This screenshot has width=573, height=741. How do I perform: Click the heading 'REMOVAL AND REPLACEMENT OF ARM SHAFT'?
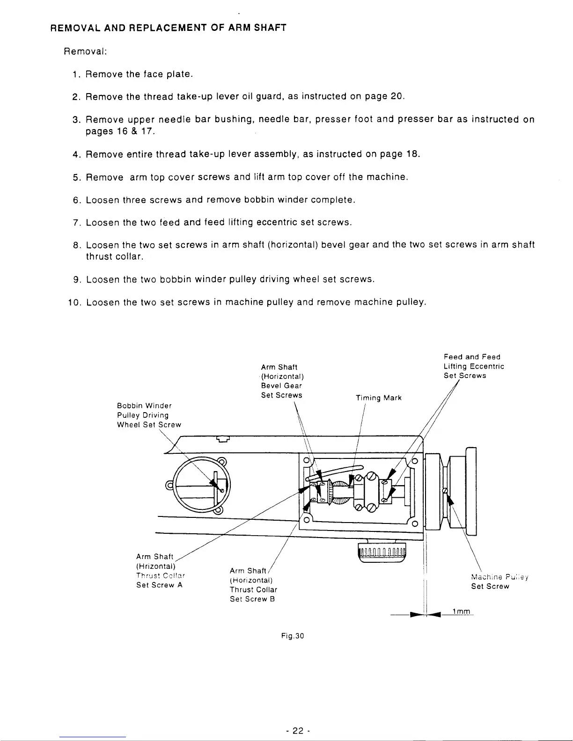(168, 28)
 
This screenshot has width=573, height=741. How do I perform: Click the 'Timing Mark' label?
(378, 398)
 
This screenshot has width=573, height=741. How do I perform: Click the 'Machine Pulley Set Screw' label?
(499, 581)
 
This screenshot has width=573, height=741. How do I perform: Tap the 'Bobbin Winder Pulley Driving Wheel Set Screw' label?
(148, 415)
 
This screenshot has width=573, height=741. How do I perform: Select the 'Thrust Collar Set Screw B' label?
(253, 585)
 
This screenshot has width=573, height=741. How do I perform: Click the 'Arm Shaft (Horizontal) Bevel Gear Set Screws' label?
(282, 381)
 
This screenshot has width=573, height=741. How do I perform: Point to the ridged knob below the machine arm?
(382, 553)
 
